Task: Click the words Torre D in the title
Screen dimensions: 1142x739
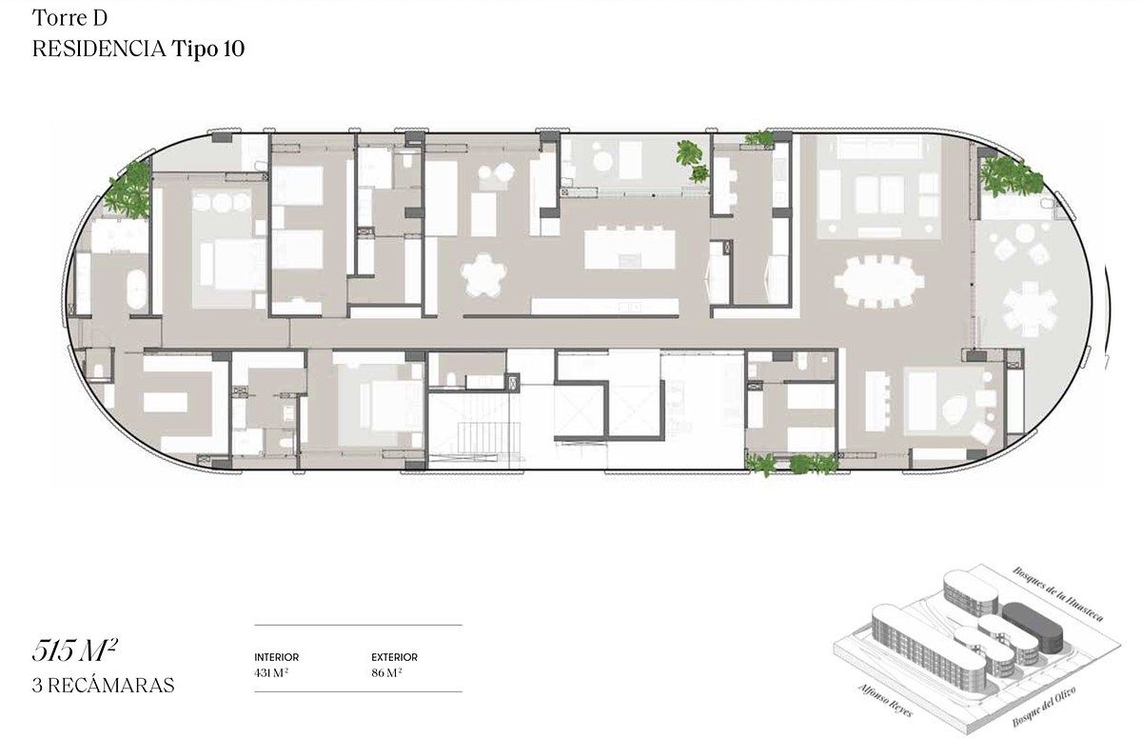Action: (x=69, y=18)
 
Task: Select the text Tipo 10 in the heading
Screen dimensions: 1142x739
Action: (x=208, y=49)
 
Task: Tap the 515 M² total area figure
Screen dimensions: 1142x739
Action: (x=75, y=650)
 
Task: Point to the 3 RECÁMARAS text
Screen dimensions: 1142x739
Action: (x=103, y=685)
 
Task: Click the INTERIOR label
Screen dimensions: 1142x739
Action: (x=276, y=657)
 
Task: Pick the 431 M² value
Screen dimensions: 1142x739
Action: (x=271, y=672)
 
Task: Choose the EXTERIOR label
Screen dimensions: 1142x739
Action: (x=394, y=657)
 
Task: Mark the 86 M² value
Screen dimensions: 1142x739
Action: (x=386, y=672)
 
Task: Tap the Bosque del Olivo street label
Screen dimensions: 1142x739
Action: (x=1044, y=707)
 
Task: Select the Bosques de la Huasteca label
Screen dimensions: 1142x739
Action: (x=1058, y=594)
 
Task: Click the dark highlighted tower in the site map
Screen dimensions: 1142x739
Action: (x=1034, y=627)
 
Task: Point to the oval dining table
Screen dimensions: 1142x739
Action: (x=879, y=281)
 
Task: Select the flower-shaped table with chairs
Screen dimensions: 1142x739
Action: (x=483, y=275)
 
